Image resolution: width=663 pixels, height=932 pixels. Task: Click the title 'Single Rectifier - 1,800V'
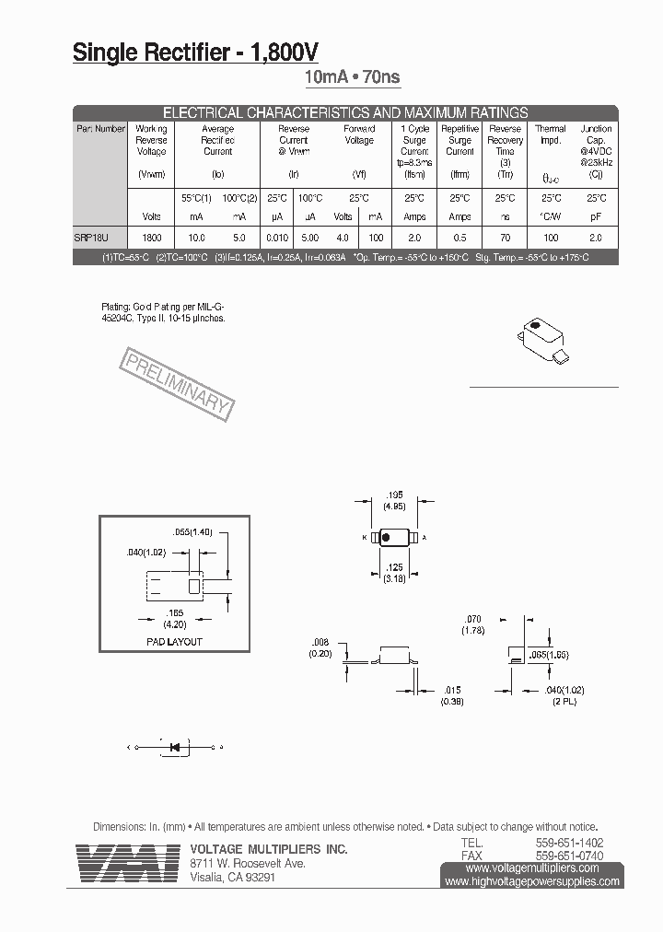tap(196, 53)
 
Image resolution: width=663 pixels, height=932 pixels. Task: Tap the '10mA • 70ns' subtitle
tap(353, 78)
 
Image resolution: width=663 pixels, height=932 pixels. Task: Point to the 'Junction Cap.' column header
tap(596, 134)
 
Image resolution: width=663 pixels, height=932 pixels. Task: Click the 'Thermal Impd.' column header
tap(551, 134)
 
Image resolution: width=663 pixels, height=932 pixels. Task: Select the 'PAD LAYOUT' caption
tap(174, 641)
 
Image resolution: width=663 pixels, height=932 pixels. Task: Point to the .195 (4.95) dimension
tap(397, 500)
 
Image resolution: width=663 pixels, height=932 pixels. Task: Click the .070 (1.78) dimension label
tap(474, 625)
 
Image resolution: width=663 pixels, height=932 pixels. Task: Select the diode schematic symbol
tap(174, 747)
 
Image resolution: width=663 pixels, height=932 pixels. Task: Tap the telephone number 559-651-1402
tap(570, 843)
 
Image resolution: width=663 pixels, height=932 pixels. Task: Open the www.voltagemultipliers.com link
tap(532, 868)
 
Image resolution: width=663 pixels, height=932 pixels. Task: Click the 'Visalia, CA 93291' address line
tap(232, 878)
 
